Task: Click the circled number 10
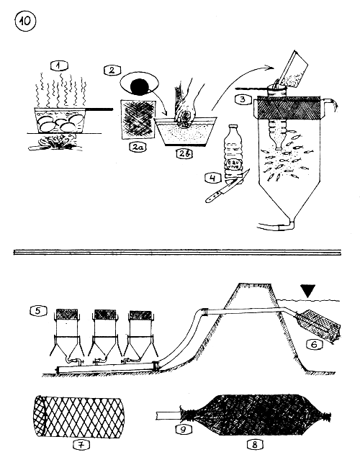pos(23,22)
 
